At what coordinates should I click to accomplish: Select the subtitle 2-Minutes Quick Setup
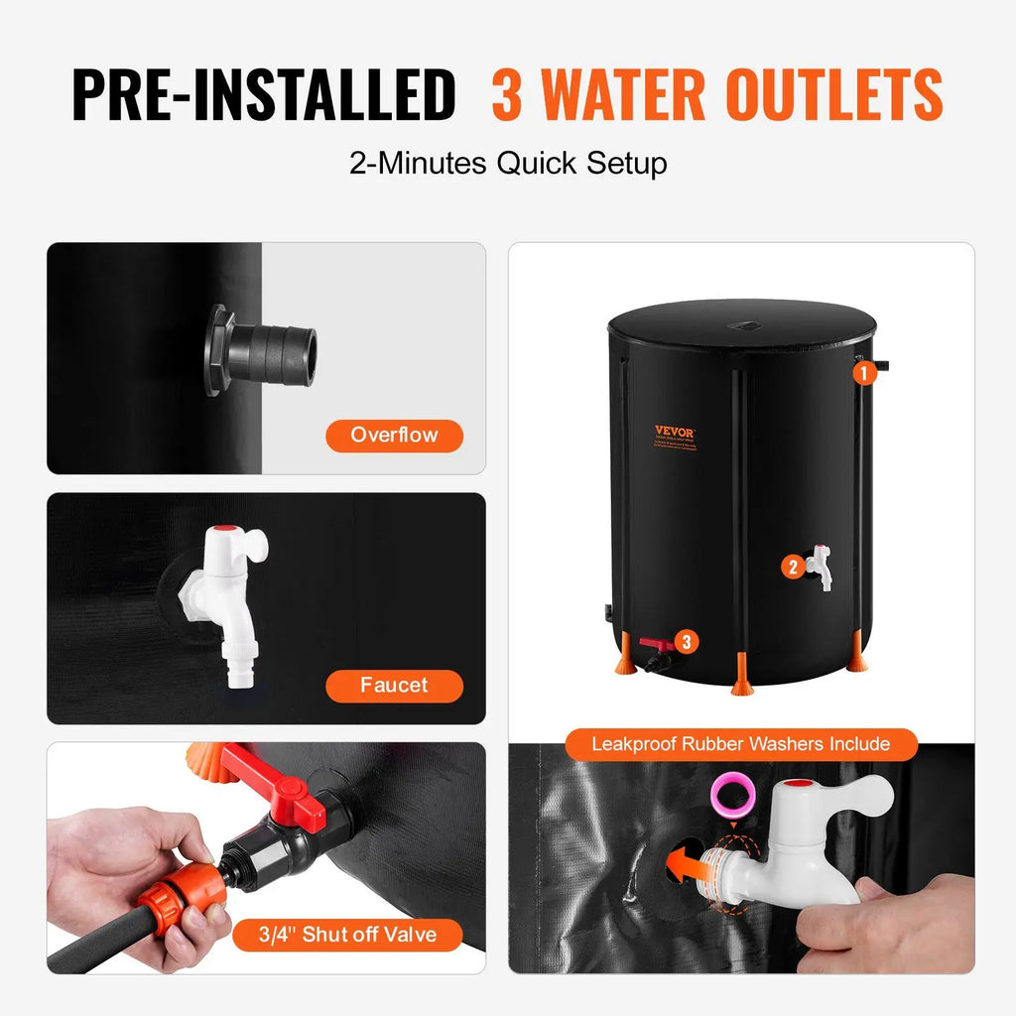(x=508, y=163)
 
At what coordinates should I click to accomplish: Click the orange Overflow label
(x=394, y=435)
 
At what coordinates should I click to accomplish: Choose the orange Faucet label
(x=394, y=686)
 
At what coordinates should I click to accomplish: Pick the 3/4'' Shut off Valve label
(x=348, y=935)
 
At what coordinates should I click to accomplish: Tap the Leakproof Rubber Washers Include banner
(x=740, y=743)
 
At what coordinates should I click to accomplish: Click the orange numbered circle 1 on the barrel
(x=864, y=373)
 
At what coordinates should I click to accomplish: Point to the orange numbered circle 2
(x=792, y=568)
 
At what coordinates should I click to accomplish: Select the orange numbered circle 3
(x=686, y=642)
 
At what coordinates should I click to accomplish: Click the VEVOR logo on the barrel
(x=675, y=432)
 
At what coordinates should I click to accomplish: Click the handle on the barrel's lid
(x=740, y=324)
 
